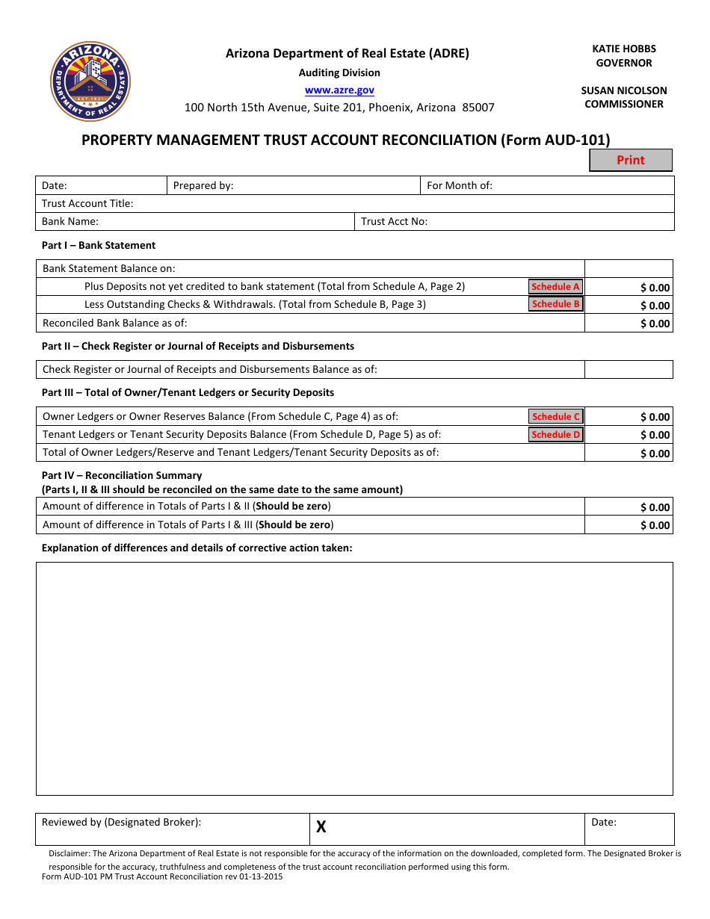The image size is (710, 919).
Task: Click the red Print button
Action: tap(630, 160)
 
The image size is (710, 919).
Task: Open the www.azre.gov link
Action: tap(339, 90)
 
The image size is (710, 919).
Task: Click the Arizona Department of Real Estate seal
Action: tap(90, 81)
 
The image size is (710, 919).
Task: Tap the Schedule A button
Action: tap(555, 287)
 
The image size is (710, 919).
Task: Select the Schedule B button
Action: tap(555, 304)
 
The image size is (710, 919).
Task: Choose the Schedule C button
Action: tap(555, 417)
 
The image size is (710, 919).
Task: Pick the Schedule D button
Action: tap(555, 435)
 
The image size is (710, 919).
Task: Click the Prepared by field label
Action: tap(203, 185)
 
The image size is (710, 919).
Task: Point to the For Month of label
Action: tap(459, 185)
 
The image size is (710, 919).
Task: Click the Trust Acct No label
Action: tap(394, 221)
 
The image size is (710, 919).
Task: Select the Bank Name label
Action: tap(70, 221)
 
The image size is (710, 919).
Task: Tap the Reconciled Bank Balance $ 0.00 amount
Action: tap(655, 324)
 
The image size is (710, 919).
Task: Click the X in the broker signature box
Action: tap(321, 827)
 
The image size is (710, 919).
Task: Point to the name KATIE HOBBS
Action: tap(624, 49)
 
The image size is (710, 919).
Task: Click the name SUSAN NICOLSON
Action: tap(624, 90)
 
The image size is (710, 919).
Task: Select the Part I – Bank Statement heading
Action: tap(99, 245)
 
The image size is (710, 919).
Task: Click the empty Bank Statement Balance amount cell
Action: tap(629, 268)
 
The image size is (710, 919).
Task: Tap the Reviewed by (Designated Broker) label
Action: tap(121, 822)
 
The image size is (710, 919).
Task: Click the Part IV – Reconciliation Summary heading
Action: tap(122, 475)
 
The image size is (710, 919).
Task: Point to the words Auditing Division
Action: tap(339, 72)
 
